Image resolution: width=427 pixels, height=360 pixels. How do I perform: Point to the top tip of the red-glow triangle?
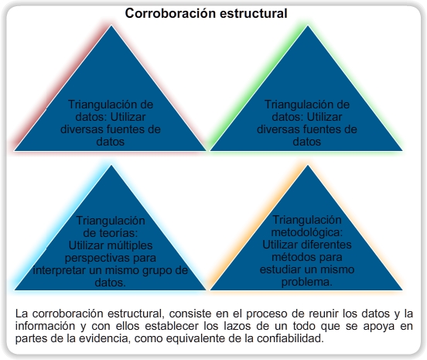[x=111, y=26]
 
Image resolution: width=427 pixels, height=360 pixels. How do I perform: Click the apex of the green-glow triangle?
[x=308, y=26]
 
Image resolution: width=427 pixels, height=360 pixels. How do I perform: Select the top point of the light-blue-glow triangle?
[x=111, y=165]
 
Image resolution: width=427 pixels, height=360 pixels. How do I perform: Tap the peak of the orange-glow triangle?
[x=308, y=165]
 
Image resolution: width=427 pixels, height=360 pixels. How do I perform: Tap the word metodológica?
[x=306, y=232]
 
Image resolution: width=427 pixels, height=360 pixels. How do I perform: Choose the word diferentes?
[x=326, y=245]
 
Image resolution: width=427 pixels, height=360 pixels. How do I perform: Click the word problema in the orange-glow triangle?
[x=306, y=282]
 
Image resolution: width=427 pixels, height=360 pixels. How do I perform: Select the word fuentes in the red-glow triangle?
[x=126, y=129]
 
